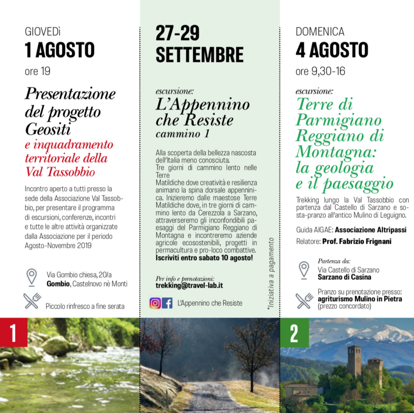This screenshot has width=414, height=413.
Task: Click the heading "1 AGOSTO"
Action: point(60,50)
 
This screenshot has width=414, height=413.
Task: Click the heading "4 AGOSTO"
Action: point(332,50)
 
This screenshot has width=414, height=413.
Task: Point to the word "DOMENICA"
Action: point(320,32)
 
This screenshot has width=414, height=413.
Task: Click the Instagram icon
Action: point(155,303)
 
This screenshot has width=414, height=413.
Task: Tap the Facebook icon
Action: point(167,303)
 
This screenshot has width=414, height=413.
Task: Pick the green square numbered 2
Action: point(294,333)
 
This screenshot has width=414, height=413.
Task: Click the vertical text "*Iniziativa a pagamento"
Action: point(270,280)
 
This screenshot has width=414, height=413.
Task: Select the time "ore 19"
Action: point(37,71)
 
